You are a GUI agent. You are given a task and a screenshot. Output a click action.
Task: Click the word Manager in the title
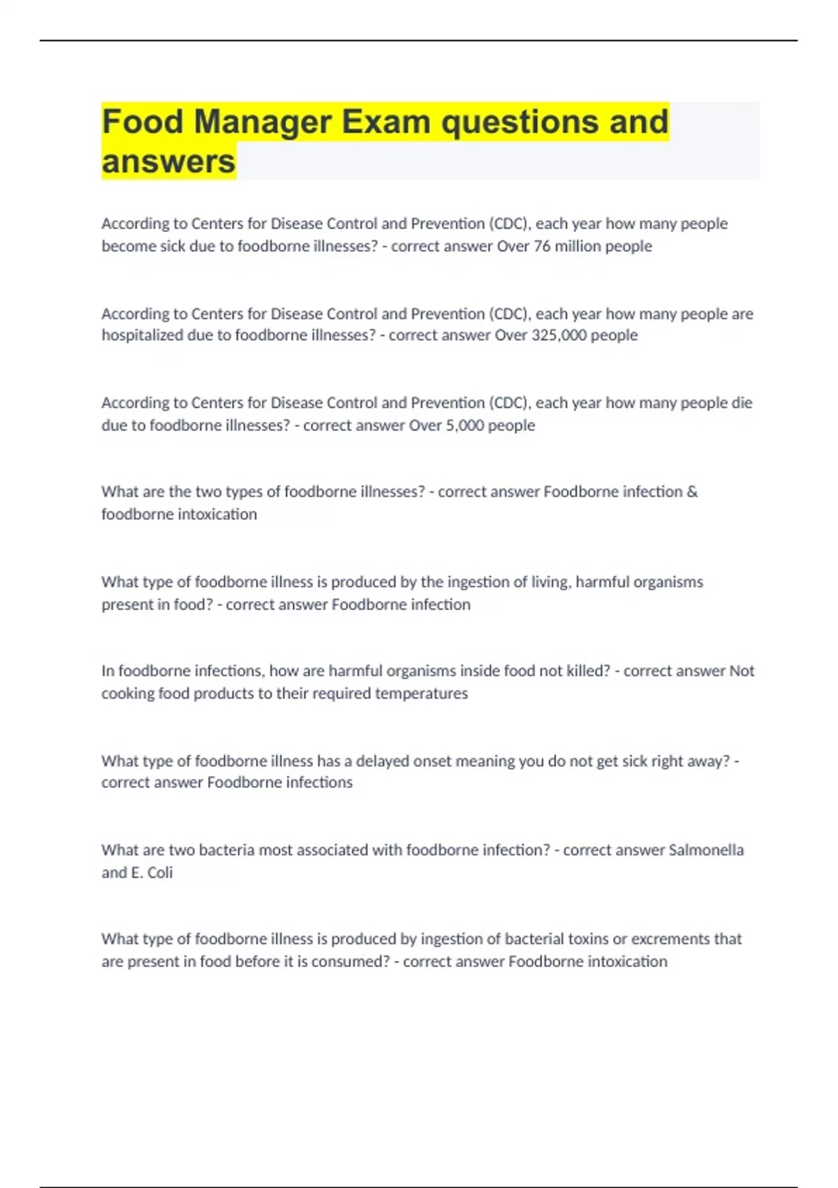263,122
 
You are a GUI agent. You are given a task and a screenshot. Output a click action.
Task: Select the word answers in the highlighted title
168,162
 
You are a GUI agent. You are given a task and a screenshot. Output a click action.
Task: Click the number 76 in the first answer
542,246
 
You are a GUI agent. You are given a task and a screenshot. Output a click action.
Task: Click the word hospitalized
142,335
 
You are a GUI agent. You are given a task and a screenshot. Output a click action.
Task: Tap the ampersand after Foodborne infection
692,492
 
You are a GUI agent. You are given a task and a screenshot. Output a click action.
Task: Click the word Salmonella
706,850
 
